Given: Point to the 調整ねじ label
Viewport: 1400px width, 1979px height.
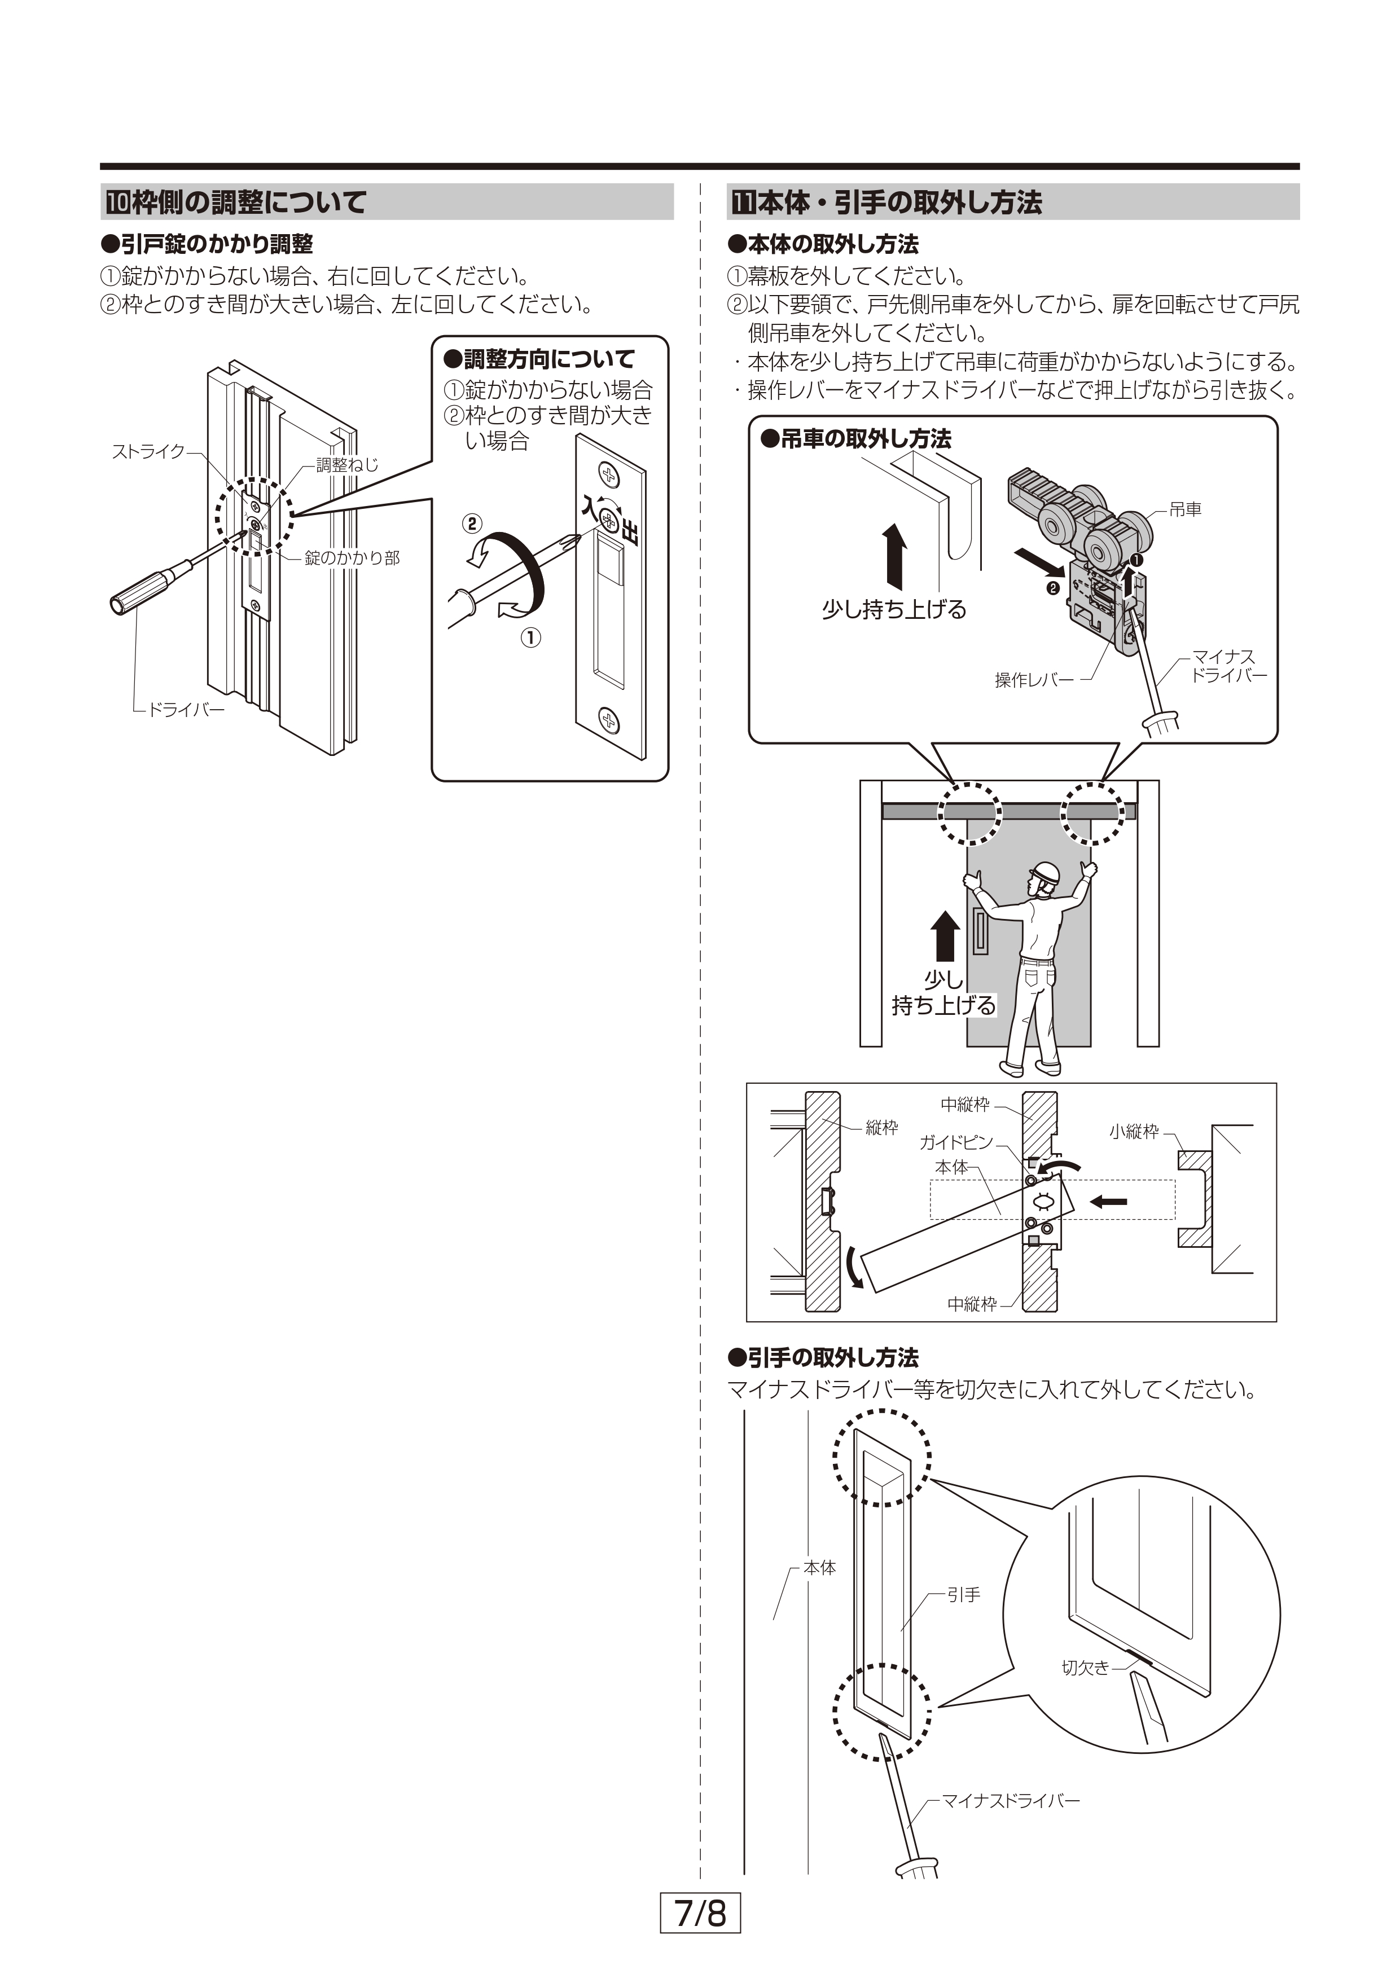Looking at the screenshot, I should pyautogui.click(x=346, y=465).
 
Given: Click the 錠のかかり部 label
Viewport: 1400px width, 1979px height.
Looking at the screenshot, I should pyautogui.click(x=352, y=558).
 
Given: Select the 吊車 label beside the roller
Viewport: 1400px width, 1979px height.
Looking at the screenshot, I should pyautogui.click(x=1186, y=509).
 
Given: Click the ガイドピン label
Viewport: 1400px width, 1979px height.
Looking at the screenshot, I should pyautogui.click(x=956, y=1143).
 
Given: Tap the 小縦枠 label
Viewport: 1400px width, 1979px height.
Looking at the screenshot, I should pyautogui.click(x=1134, y=1132).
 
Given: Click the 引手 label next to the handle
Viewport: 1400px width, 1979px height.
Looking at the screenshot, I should pyautogui.click(x=964, y=1595).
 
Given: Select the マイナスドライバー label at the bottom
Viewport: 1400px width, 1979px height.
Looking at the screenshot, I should pyautogui.click(x=1010, y=1801).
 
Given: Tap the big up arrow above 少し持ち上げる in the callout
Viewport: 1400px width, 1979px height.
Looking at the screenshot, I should pyautogui.click(x=894, y=556).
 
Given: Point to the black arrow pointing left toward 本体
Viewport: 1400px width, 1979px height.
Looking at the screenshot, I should pyautogui.click(x=1109, y=1202).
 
